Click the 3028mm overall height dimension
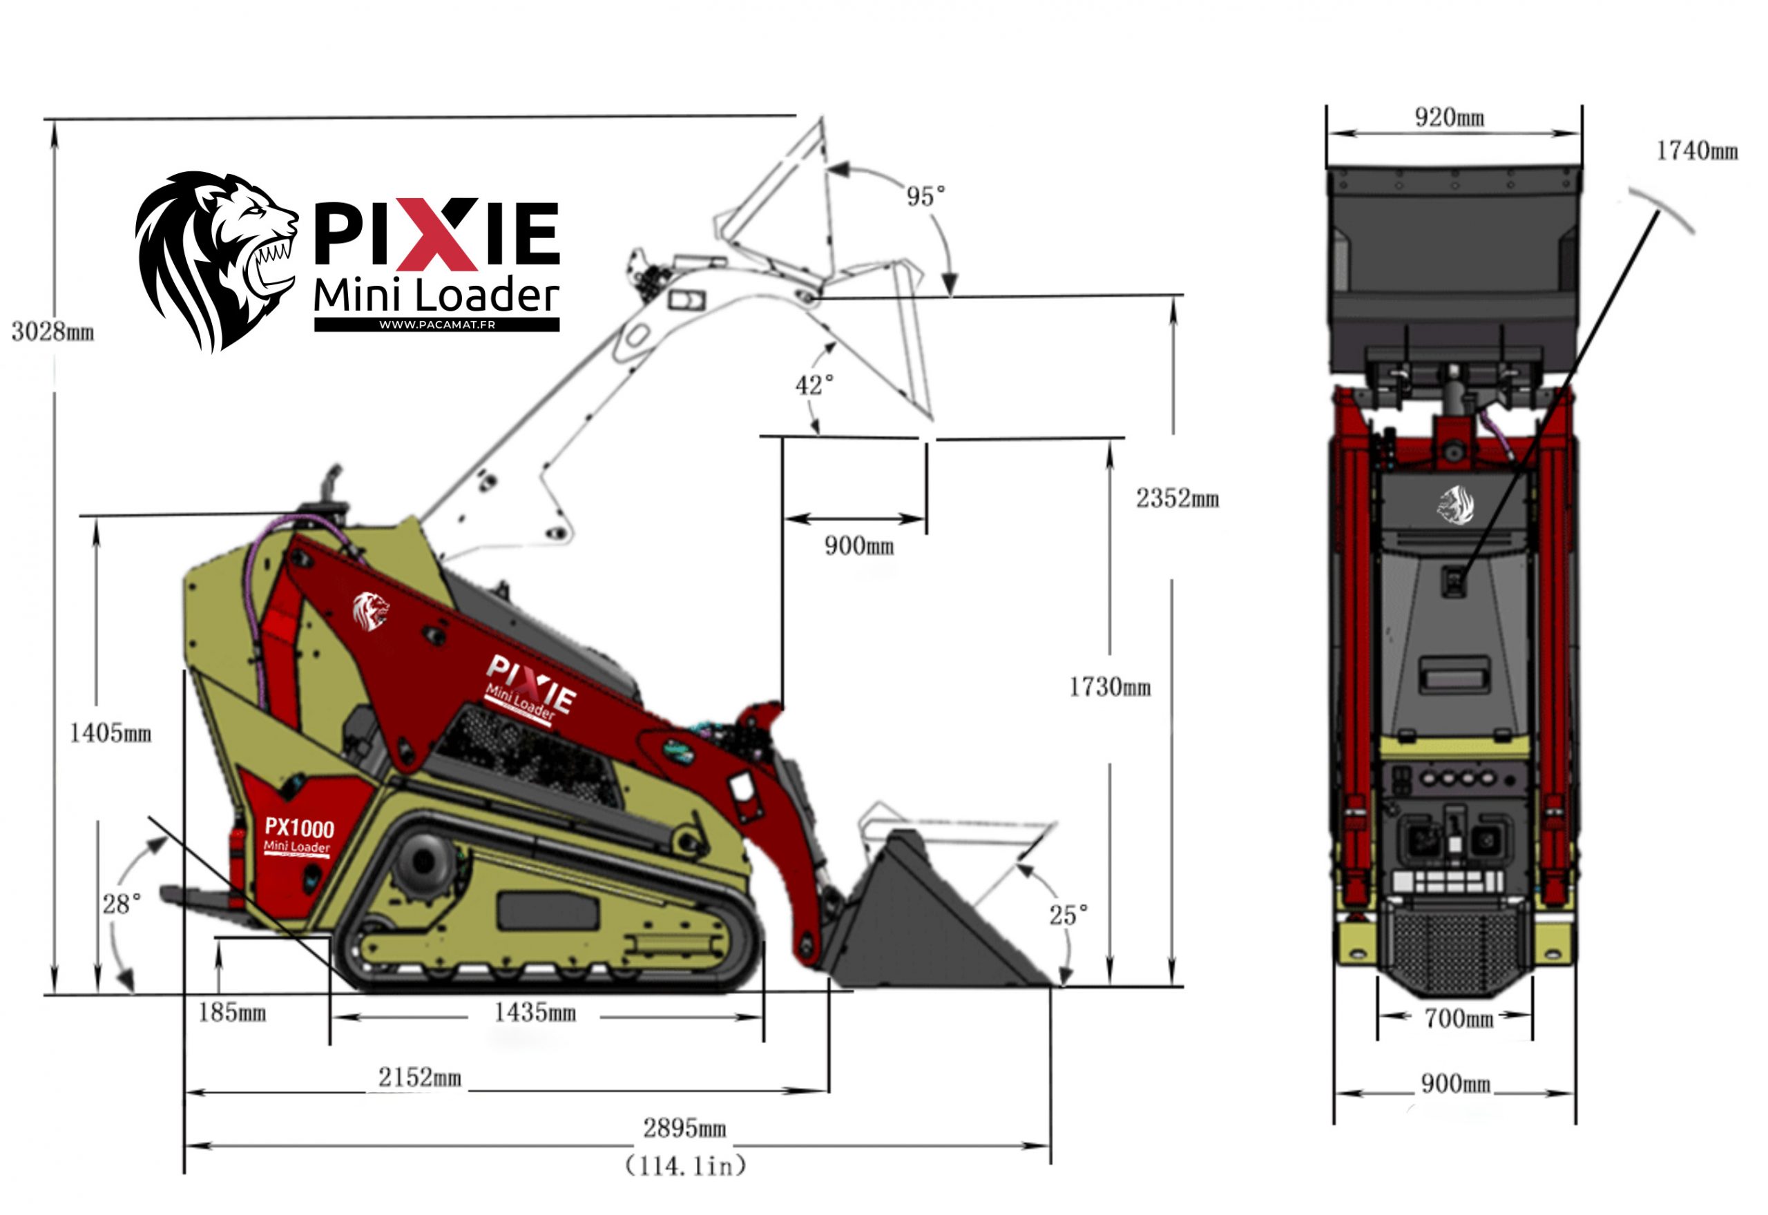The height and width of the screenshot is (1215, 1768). pos(52,332)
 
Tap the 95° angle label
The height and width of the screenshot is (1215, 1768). pos(925,197)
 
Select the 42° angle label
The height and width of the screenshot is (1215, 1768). pos(814,385)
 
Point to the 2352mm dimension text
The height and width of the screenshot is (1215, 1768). pos(1177,498)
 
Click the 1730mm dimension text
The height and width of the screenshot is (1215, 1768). pos(1109,688)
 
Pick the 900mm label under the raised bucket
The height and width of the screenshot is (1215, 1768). pos(859,546)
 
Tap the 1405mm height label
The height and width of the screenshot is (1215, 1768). pos(110,733)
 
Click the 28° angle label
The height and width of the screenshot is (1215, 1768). pos(122,904)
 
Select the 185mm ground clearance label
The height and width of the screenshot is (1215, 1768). pos(231,1013)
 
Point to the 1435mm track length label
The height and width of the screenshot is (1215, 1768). pos(535,1013)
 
